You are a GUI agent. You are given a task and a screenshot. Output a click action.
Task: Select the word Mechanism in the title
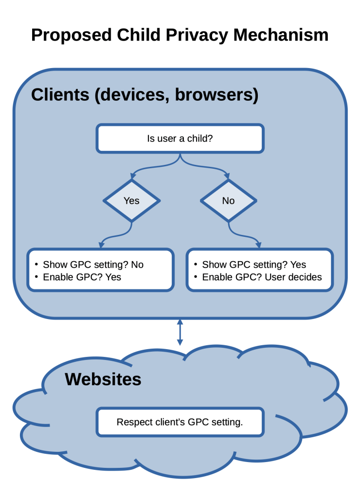tap(281, 35)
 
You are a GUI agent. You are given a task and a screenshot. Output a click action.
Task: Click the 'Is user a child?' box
tap(180, 139)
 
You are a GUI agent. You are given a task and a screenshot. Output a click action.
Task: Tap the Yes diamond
tap(131, 200)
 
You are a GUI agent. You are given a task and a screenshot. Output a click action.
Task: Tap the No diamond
tap(228, 200)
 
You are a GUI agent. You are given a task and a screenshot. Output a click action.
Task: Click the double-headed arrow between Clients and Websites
tap(180, 332)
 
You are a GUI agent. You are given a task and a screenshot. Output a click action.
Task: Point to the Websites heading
tap(103, 379)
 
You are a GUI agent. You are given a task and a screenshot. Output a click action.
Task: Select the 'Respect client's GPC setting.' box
tap(180, 422)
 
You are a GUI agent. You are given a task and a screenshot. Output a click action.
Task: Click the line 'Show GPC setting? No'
tap(93, 265)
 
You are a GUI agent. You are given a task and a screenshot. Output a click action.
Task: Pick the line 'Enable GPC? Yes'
tap(82, 277)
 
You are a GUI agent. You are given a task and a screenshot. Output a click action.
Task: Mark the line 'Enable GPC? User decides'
tap(262, 277)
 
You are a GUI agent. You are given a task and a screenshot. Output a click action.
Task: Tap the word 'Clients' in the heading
tap(60, 95)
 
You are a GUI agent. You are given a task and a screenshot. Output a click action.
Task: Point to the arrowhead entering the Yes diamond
tap(132, 176)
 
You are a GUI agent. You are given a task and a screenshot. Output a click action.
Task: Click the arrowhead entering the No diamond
tap(227, 176)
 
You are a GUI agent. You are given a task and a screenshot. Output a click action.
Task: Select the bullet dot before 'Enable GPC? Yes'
tap(36, 277)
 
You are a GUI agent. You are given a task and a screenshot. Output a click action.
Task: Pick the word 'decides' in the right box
tap(306, 277)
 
